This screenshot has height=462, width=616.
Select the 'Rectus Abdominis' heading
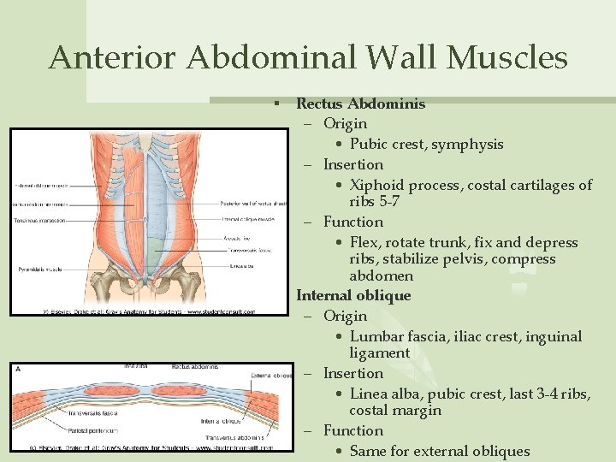click(x=360, y=104)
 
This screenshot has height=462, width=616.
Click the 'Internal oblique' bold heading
click(x=353, y=295)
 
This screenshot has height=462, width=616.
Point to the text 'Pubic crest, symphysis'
click(x=426, y=144)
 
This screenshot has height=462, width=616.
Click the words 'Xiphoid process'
click(x=404, y=185)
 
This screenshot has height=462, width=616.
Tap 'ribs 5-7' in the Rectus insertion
click(x=374, y=202)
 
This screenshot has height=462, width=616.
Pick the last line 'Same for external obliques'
click(x=440, y=451)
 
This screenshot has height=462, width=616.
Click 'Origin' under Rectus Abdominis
click(x=345, y=123)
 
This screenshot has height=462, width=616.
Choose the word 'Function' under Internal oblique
click(x=352, y=430)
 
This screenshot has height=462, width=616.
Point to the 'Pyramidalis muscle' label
click(x=42, y=269)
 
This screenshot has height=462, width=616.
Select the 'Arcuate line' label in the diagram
click(x=237, y=239)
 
